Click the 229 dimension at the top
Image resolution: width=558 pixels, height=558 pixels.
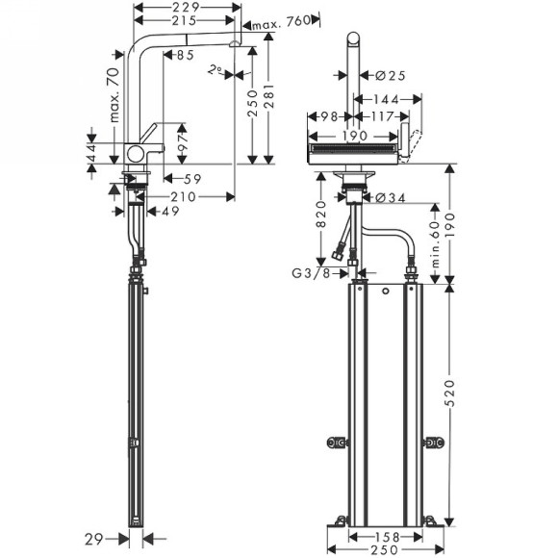(x=187, y=8)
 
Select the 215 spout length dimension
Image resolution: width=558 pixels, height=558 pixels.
(x=187, y=21)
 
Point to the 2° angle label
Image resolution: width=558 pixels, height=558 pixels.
(x=216, y=69)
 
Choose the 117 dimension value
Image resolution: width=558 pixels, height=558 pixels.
(x=382, y=117)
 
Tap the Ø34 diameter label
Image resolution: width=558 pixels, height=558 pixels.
(x=378, y=198)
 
